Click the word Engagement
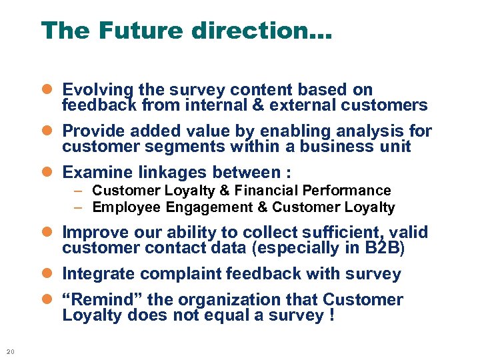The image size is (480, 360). [x=208, y=207]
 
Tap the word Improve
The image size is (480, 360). [x=93, y=233]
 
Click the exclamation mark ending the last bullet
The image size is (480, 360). [x=331, y=315]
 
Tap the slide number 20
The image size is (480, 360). [x=9, y=351]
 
